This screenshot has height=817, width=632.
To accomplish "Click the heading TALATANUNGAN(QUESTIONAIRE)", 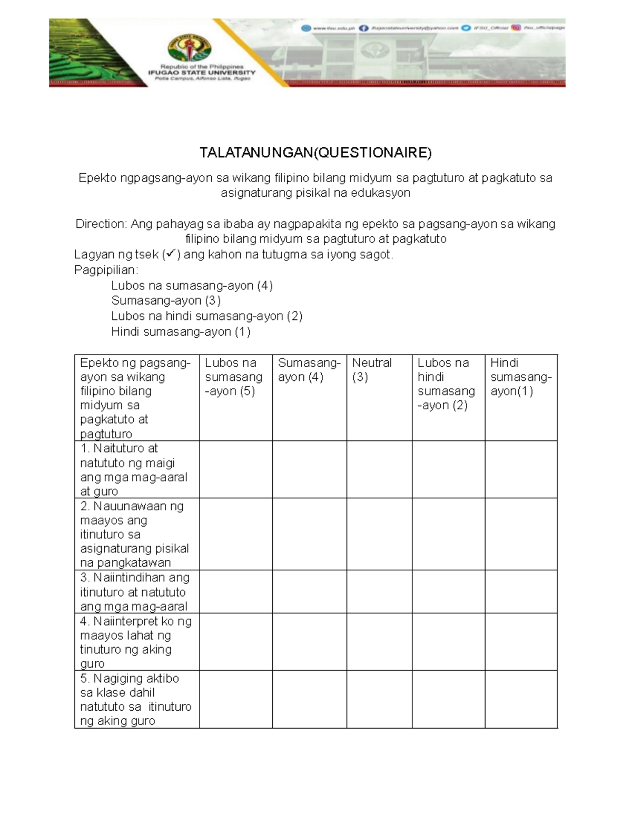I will coord(315,153).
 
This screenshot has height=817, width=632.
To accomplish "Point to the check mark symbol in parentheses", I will coord(171,255).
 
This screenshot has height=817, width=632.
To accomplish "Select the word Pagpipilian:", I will coord(106,270).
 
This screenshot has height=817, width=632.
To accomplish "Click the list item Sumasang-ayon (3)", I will coord(166,301).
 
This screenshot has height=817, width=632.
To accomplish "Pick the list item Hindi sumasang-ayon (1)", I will coord(181,332).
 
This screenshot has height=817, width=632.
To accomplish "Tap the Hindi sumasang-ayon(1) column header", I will coord(520,377).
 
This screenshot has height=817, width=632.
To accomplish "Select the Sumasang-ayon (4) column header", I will coord(309,370).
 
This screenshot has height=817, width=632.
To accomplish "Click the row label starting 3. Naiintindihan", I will coord(135,592).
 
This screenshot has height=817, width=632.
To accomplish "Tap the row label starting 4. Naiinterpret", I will coord(135,642).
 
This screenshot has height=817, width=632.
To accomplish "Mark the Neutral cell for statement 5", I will coord(379,699).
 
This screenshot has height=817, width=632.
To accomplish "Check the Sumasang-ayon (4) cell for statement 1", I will coord(309,470).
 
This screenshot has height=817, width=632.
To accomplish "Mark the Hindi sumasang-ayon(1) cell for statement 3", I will coord(520,592).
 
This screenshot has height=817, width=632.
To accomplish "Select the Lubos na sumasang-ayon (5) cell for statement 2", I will coord(235,534).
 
